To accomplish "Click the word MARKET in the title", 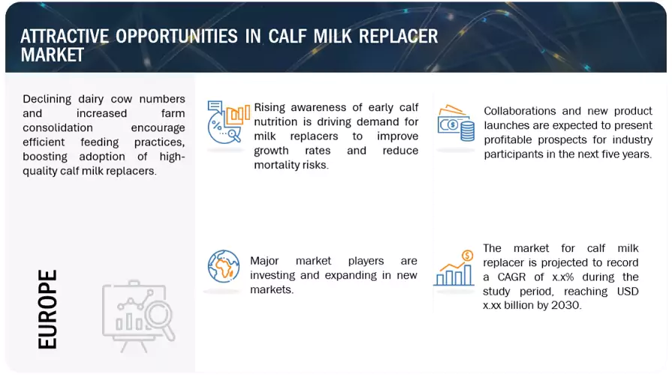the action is point(53,55).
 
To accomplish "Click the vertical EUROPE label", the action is point(47,309).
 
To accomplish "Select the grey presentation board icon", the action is point(138,316).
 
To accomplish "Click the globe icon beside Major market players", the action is point(224,266).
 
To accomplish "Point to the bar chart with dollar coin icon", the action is point(454,268).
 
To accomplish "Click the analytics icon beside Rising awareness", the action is point(228,122).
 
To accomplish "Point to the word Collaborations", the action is point(520,111).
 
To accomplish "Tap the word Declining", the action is point(47,99).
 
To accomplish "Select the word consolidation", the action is point(57,128).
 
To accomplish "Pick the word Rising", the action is point(270,108).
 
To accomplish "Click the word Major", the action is point(264,261).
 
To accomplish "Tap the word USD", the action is point(628,292).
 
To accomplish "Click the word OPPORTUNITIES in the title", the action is point(176,37).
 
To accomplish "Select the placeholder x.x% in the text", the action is point(562,277).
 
